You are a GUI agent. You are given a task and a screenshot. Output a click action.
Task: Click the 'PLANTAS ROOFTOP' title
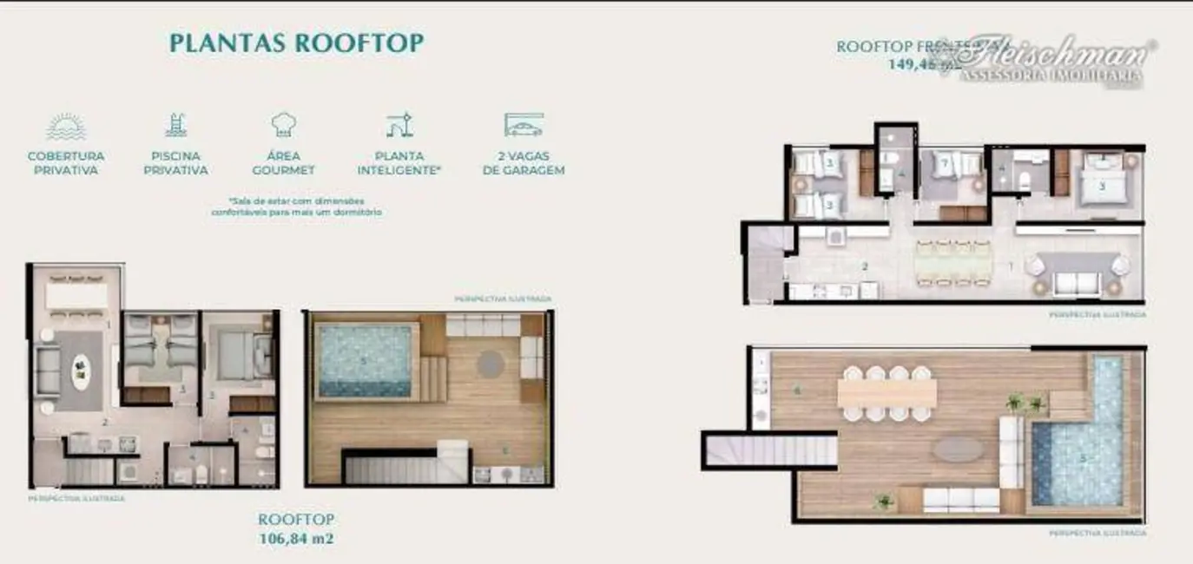coord(296,43)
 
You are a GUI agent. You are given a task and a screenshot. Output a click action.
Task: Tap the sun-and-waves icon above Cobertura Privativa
coord(66,128)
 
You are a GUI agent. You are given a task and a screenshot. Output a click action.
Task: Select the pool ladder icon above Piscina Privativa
coord(176,126)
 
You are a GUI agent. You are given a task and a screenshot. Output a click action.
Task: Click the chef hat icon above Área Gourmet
coord(283,126)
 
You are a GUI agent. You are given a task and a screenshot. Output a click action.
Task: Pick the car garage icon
coord(524,126)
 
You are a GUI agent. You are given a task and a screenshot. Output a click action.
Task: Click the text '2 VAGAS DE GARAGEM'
coord(524,163)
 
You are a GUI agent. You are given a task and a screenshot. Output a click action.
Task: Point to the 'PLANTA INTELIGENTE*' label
coord(399,163)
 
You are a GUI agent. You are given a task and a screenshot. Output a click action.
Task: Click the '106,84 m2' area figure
coord(296,539)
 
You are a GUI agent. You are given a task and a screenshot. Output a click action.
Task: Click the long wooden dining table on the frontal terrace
coord(887,394)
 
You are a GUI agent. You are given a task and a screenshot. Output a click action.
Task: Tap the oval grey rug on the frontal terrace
coord(958,449)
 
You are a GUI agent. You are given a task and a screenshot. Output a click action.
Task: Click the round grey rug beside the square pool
coord(491,363)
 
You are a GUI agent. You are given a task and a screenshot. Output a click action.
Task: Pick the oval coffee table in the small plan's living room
coord(80,373)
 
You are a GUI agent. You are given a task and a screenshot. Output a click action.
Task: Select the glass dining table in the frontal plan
coord(952,261)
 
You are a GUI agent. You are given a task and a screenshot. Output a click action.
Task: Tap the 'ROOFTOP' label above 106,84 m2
coord(296,519)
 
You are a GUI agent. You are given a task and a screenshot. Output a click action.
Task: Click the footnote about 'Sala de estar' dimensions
coord(296,206)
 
